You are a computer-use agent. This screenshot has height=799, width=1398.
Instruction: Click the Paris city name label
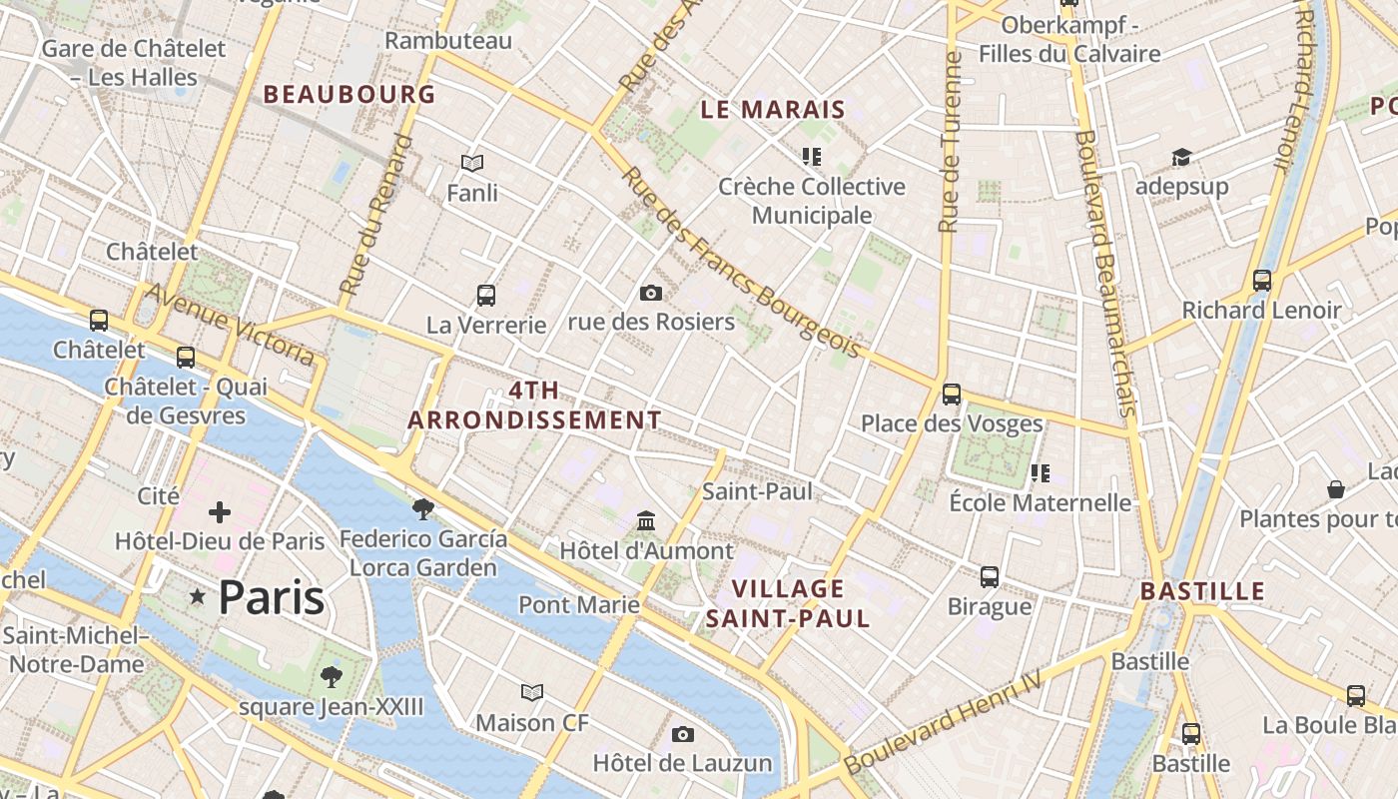point(271,597)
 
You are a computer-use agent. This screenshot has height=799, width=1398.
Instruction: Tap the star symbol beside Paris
point(198,597)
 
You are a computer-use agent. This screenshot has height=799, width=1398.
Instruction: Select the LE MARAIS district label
point(773,110)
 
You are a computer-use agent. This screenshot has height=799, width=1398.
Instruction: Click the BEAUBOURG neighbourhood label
point(349,95)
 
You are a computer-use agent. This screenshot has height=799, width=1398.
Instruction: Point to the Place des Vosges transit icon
point(952,395)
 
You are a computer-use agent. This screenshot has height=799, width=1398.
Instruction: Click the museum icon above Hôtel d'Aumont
point(646,521)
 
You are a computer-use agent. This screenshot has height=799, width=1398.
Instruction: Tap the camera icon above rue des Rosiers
point(651,293)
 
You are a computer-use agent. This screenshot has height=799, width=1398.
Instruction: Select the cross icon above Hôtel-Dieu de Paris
point(220,513)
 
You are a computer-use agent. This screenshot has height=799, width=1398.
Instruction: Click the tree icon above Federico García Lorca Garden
point(423,509)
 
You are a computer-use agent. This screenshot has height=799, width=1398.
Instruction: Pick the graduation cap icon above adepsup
point(1181,158)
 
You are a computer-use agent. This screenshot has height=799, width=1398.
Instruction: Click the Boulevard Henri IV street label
point(943,722)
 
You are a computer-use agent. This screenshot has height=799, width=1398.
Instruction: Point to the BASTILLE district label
point(1202,591)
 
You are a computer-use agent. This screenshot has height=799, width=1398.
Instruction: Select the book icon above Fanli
point(472,163)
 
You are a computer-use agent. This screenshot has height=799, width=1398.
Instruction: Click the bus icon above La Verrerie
point(486,296)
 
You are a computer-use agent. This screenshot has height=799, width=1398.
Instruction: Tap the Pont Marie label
point(579,604)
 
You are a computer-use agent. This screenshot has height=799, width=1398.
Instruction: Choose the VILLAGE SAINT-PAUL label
point(788,603)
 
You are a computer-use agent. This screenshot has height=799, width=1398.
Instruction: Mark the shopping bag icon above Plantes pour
point(1336,489)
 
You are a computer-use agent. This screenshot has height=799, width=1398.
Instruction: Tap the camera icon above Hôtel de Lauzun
point(683,735)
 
